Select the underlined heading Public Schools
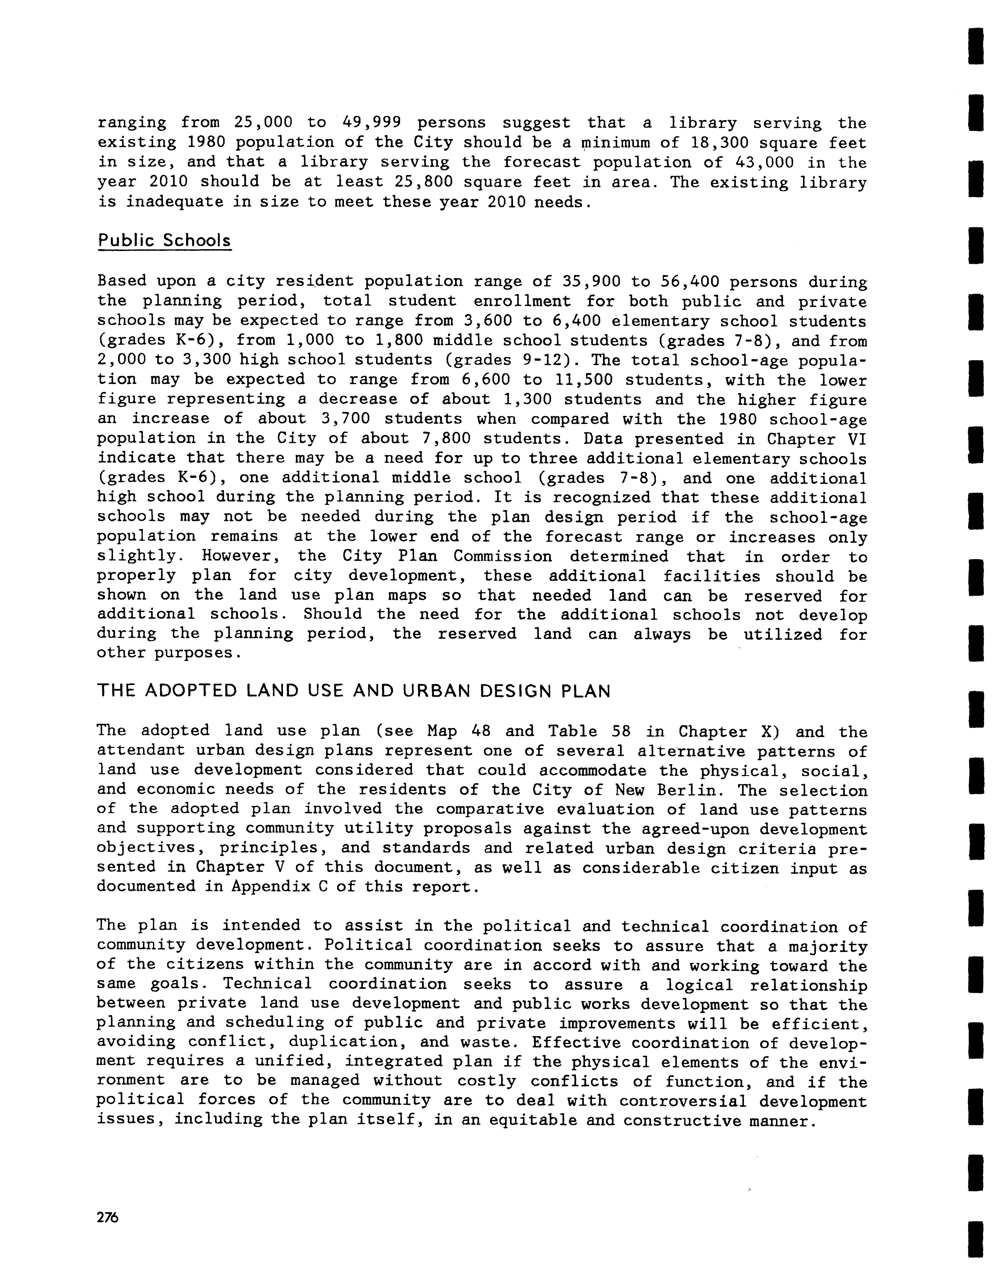[164, 241]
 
